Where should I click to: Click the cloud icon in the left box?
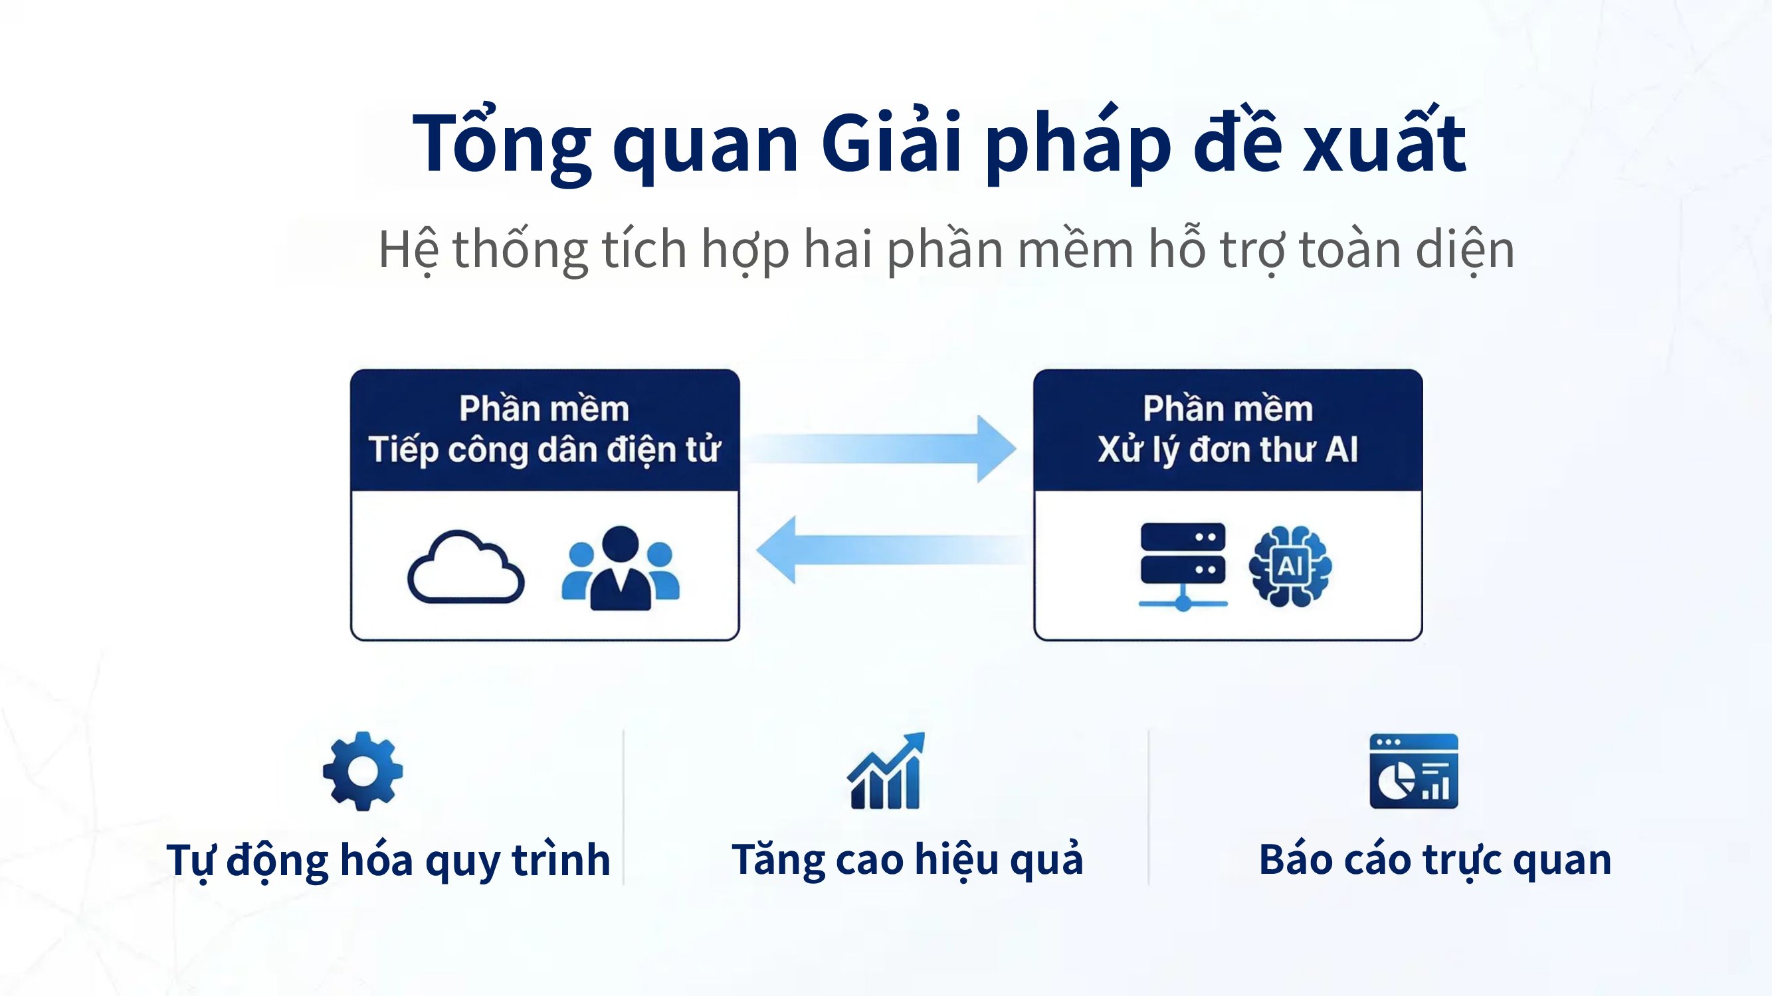click(466, 567)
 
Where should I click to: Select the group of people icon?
click(621, 568)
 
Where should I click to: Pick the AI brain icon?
click(1290, 566)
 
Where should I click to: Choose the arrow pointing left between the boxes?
click(891, 550)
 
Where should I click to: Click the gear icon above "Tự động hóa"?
click(363, 771)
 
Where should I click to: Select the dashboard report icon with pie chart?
click(1414, 771)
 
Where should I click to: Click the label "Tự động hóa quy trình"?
click(388, 861)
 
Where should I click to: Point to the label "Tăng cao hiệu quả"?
click(908, 859)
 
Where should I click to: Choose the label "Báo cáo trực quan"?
click(1435, 859)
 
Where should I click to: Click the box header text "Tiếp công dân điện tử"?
click(544, 450)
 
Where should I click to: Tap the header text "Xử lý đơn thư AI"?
click(1228, 450)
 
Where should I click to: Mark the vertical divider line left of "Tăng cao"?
click(623, 807)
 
